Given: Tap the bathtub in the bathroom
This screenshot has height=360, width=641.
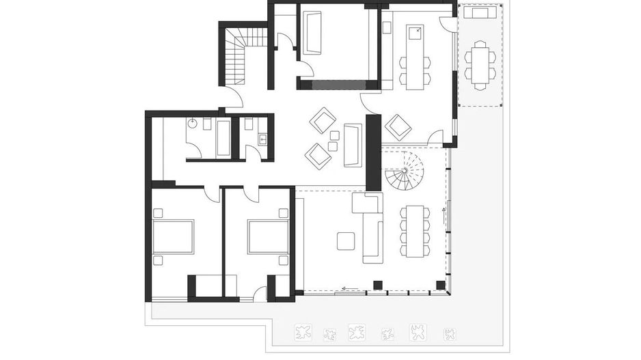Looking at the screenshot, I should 223,137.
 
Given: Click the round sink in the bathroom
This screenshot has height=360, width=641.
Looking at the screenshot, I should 193,124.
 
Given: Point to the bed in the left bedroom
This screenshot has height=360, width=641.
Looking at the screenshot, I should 173,236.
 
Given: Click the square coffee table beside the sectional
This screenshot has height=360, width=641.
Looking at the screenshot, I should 346,240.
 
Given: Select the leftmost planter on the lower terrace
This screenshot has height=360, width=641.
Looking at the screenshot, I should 301,333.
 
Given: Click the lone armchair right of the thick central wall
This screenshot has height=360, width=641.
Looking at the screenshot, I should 398,126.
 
